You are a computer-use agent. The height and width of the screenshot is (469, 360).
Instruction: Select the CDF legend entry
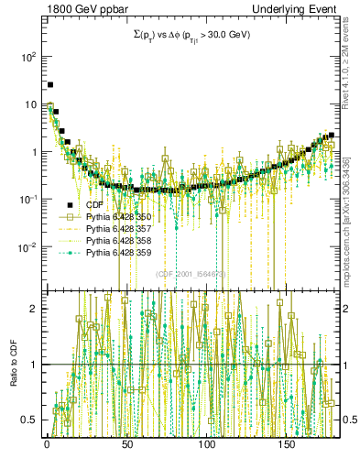(95, 204)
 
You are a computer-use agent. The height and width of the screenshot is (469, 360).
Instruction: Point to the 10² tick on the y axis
(27, 57)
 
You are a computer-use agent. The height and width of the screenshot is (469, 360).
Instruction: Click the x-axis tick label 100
(206, 444)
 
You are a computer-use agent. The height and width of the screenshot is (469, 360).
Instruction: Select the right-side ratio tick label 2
(344, 309)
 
